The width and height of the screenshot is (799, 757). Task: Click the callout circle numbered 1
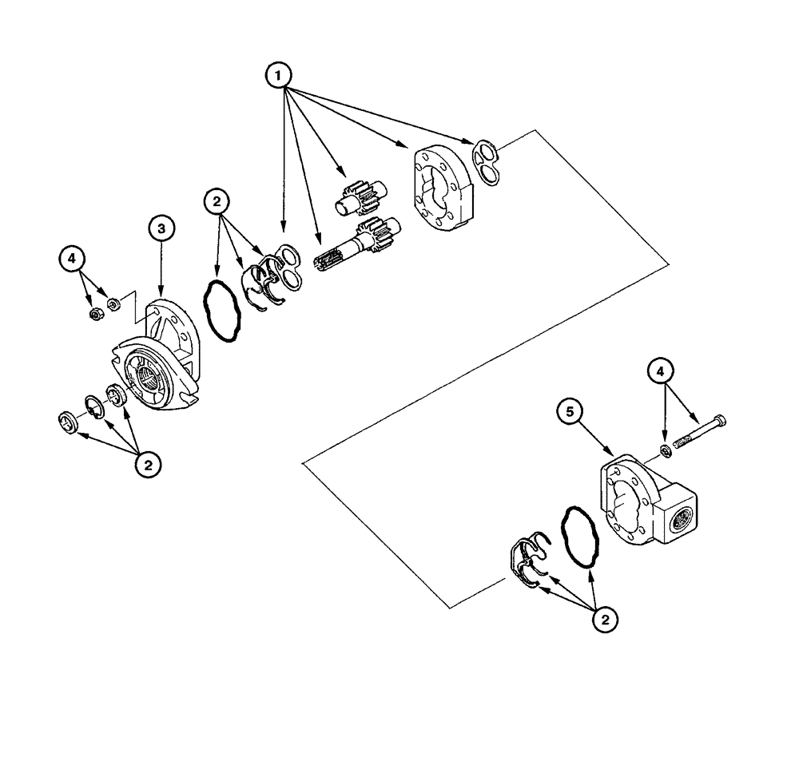coord(277,76)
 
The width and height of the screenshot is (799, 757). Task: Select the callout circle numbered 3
coord(162,229)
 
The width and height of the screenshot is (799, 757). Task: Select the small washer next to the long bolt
coord(665,454)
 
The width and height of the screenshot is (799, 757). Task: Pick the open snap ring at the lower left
coord(94,408)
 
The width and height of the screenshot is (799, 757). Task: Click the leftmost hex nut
coord(95,316)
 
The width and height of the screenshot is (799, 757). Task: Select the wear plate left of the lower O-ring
coord(526,559)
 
